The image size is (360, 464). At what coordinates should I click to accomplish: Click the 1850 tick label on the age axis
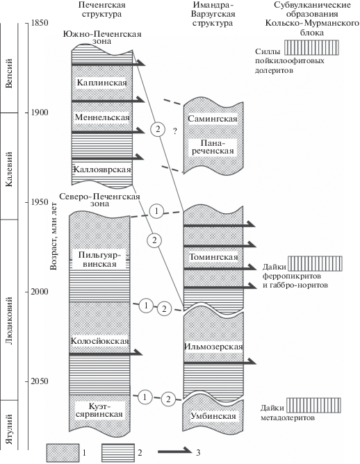(40, 23)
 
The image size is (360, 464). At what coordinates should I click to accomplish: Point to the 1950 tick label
(40, 202)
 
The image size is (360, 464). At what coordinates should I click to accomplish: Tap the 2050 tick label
(40, 381)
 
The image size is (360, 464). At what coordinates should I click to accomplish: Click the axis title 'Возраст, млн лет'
(54, 236)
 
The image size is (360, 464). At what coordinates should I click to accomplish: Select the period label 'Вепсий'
(10, 73)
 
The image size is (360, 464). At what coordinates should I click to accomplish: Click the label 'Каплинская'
(102, 82)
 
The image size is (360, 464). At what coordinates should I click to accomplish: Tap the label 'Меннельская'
(102, 117)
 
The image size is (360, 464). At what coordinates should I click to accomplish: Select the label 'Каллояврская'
(102, 169)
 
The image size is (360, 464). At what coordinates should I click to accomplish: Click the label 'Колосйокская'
(100, 341)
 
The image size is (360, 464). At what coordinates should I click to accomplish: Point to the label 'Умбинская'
(213, 416)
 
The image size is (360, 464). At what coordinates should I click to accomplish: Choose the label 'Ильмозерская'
(213, 347)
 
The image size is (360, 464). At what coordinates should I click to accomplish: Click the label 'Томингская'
(213, 257)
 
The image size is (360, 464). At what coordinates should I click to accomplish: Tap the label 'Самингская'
(213, 119)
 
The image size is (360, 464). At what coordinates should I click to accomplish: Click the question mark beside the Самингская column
(175, 131)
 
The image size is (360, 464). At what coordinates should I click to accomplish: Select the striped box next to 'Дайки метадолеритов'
(314, 405)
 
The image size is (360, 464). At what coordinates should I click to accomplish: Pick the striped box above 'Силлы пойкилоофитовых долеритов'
(311, 48)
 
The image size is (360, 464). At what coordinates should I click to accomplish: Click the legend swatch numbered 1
(63, 453)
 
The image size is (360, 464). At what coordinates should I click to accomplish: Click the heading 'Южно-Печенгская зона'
(102, 38)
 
